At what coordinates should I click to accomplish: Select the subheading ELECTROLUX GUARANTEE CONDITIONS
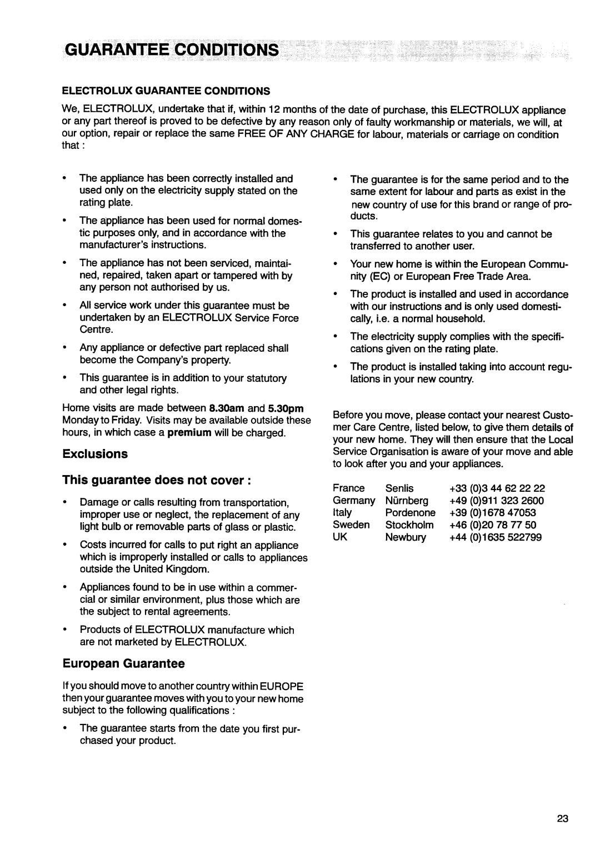(x=166, y=90)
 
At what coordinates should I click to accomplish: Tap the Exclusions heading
(x=95, y=454)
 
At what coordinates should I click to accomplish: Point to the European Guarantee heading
(x=123, y=663)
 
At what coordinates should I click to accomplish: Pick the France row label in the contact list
(x=349, y=488)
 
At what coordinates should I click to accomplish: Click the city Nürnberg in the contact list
(x=407, y=501)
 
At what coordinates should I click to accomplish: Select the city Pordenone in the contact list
(x=411, y=513)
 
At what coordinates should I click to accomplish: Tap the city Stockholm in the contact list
(x=409, y=525)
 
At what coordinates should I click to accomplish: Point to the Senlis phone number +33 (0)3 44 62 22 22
(x=497, y=488)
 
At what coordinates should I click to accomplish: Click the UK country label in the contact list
(x=340, y=537)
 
